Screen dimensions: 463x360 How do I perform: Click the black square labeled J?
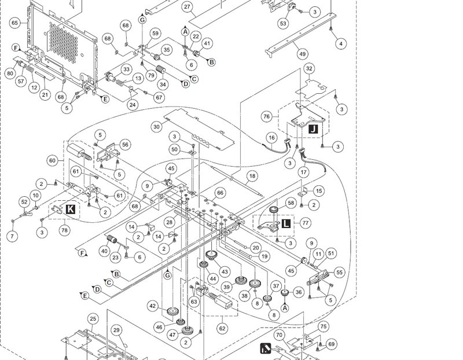click(313, 129)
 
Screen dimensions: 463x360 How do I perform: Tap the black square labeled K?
click(70, 209)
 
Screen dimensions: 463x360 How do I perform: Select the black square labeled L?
click(286, 223)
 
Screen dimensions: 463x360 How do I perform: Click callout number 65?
click(15, 23)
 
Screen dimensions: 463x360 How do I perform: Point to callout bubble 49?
click(302, 54)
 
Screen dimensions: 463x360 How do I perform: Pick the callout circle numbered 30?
click(156, 127)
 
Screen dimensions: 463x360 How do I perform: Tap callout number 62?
click(222, 328)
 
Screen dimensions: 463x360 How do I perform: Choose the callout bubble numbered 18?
click(252, 176)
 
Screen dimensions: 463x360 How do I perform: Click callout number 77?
click(306, 222)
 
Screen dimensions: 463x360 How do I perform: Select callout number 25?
click(93, 319)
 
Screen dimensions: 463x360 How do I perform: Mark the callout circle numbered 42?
click(152, 306)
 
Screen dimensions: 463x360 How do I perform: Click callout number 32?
click(309, 68)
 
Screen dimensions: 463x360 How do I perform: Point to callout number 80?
click(10, 74)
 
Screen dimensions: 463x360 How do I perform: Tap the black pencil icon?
click(266, 348)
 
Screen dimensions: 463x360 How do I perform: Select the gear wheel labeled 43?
click(211, 255)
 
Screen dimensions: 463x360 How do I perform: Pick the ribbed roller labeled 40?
click(112, 239)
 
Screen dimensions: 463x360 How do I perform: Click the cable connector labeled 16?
click(287, 142)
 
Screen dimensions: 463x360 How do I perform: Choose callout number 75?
click(324, 326)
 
